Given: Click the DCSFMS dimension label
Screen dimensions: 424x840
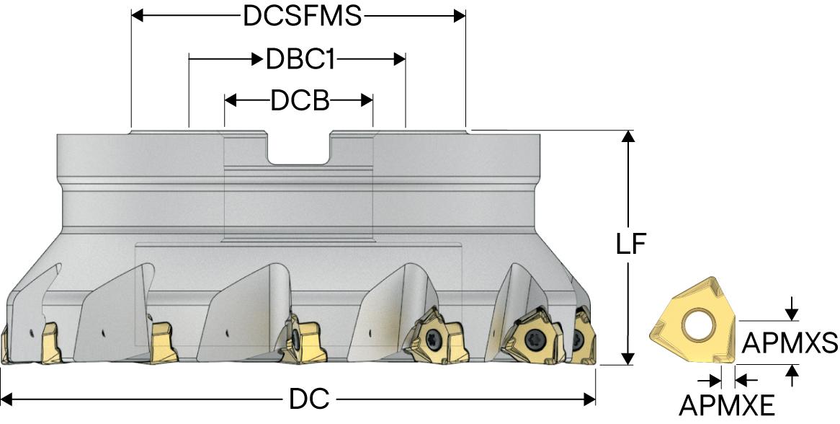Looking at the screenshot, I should coord(302,16).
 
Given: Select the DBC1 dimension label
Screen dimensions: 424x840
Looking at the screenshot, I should coord(300,59).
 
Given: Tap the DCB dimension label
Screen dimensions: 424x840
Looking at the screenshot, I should coord(300,101).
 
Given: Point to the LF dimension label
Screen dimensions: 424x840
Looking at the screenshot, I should coord(630,246).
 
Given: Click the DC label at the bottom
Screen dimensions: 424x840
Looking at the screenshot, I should coord(309,398).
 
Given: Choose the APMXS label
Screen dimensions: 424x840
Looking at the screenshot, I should coord(790,343).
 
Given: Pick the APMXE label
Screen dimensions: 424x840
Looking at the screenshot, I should coord(727,406).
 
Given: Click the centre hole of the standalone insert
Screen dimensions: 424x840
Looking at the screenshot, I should coord(697,327).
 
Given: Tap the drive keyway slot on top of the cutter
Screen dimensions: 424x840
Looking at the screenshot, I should coord(299,147).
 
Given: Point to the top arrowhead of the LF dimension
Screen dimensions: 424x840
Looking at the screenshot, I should coord(630,137).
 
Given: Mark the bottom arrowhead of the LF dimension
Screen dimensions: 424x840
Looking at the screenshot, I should coord(630,358).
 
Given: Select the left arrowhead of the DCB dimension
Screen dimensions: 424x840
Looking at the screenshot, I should coord(231,101).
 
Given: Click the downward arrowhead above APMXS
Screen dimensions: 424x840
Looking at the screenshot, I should coord(792,313).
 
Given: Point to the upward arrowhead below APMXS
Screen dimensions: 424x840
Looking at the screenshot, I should coord(792,371).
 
